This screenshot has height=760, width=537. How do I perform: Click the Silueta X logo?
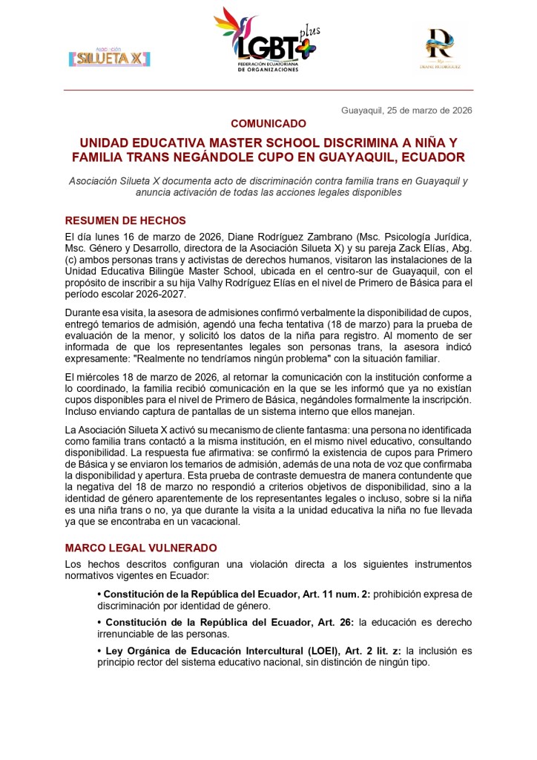tap(108, 56)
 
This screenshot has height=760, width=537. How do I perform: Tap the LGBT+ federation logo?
tap(266, 40)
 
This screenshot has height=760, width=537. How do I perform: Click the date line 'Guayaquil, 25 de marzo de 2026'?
tap(406, 110)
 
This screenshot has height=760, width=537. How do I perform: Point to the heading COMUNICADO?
tap(268, 123)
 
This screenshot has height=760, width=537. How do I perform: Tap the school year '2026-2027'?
tap(149, 284)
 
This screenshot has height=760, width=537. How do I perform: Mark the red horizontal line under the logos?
tap(268, 90)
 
